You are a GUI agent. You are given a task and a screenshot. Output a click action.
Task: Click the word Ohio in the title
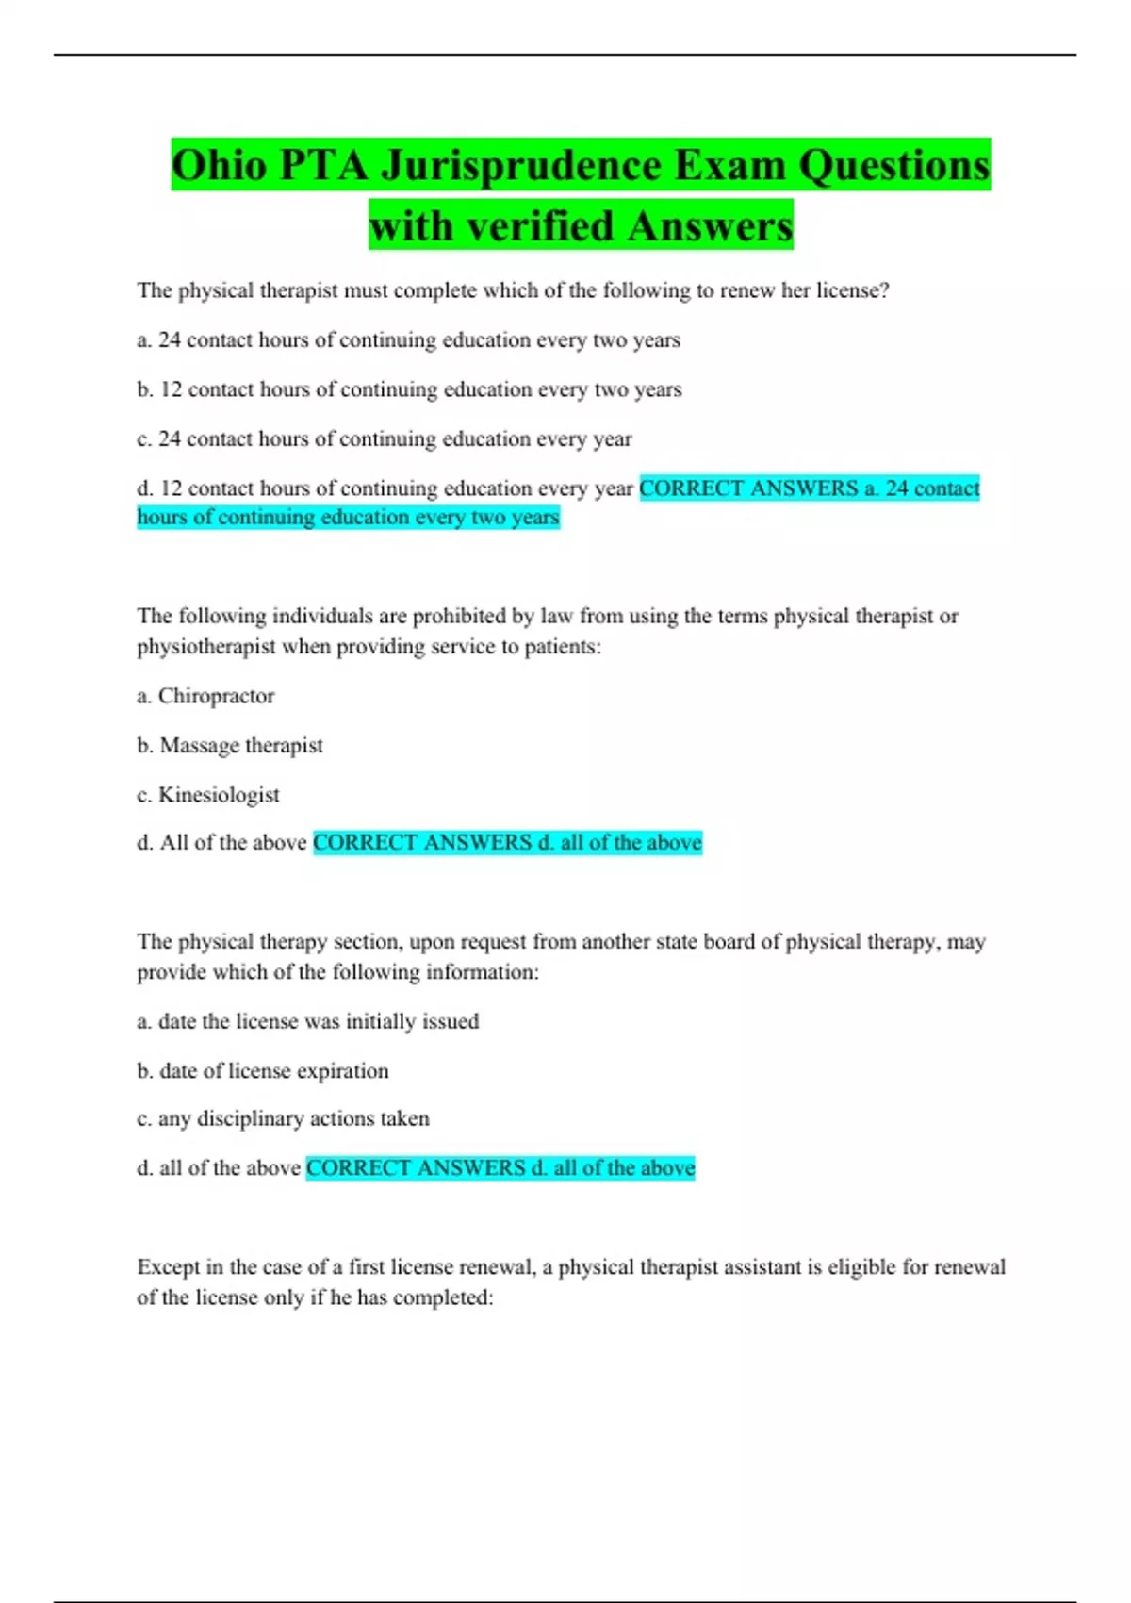pyautogui.click(x=219, y=165)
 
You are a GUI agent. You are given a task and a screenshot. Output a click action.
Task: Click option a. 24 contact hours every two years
pyautogui.click(x=408, y=339)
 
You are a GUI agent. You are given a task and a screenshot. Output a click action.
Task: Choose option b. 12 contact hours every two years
pyautogui.click(x=409, y=389)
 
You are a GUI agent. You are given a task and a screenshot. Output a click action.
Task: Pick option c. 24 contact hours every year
pyautogui.click(x=385, y=438)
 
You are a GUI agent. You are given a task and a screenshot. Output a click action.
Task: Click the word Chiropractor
pyautogui.click(x=216, y=696)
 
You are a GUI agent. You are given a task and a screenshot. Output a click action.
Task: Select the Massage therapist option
pyautogui.click(x=240, y=745)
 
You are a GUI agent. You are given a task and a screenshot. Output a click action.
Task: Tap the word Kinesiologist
pyautogui.click(x=219, y=795)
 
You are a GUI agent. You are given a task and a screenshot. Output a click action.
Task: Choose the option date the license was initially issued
pyautogui.click(x=308, y=1021)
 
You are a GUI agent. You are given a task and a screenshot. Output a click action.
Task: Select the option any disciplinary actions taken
pyautogui.click(x=283, y=1118)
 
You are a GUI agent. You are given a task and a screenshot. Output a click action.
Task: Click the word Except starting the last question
pyautogui.click(x=167, y=1266)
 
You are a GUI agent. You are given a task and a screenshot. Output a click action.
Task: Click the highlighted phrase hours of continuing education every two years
pyautogui.click(x=348, y=517)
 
